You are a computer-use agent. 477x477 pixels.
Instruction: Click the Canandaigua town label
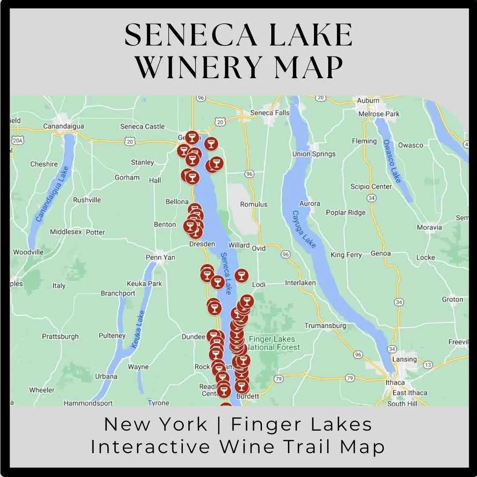tap(63, 126)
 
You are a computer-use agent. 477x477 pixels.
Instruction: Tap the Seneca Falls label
tap(269, 113)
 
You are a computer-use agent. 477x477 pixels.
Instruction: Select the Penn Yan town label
tap(160, 257)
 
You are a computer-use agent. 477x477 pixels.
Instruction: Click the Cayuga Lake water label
tap(304, 229)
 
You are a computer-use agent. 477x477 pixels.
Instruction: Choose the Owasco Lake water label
tap(392, 161)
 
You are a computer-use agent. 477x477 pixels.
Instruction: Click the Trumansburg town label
tap(325, 326)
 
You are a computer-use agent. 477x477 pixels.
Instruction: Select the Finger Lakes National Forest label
tap(272, 343)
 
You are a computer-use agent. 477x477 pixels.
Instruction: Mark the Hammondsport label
tap(88, 403)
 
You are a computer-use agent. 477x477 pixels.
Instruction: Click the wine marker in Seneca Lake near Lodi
tap(241, 276)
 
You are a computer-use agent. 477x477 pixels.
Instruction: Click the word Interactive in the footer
tap(151, 447)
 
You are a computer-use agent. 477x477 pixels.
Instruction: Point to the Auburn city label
tap(368, 101)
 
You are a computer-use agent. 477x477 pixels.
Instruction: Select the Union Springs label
tap(314, 154)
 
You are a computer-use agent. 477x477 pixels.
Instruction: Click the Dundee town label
tap(193, 337)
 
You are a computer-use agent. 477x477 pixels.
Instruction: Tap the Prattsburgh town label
tap(60, 337)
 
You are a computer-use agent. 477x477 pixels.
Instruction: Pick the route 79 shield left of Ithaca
tap(350, 378)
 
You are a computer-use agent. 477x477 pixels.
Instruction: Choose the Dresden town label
tap(202, 244)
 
